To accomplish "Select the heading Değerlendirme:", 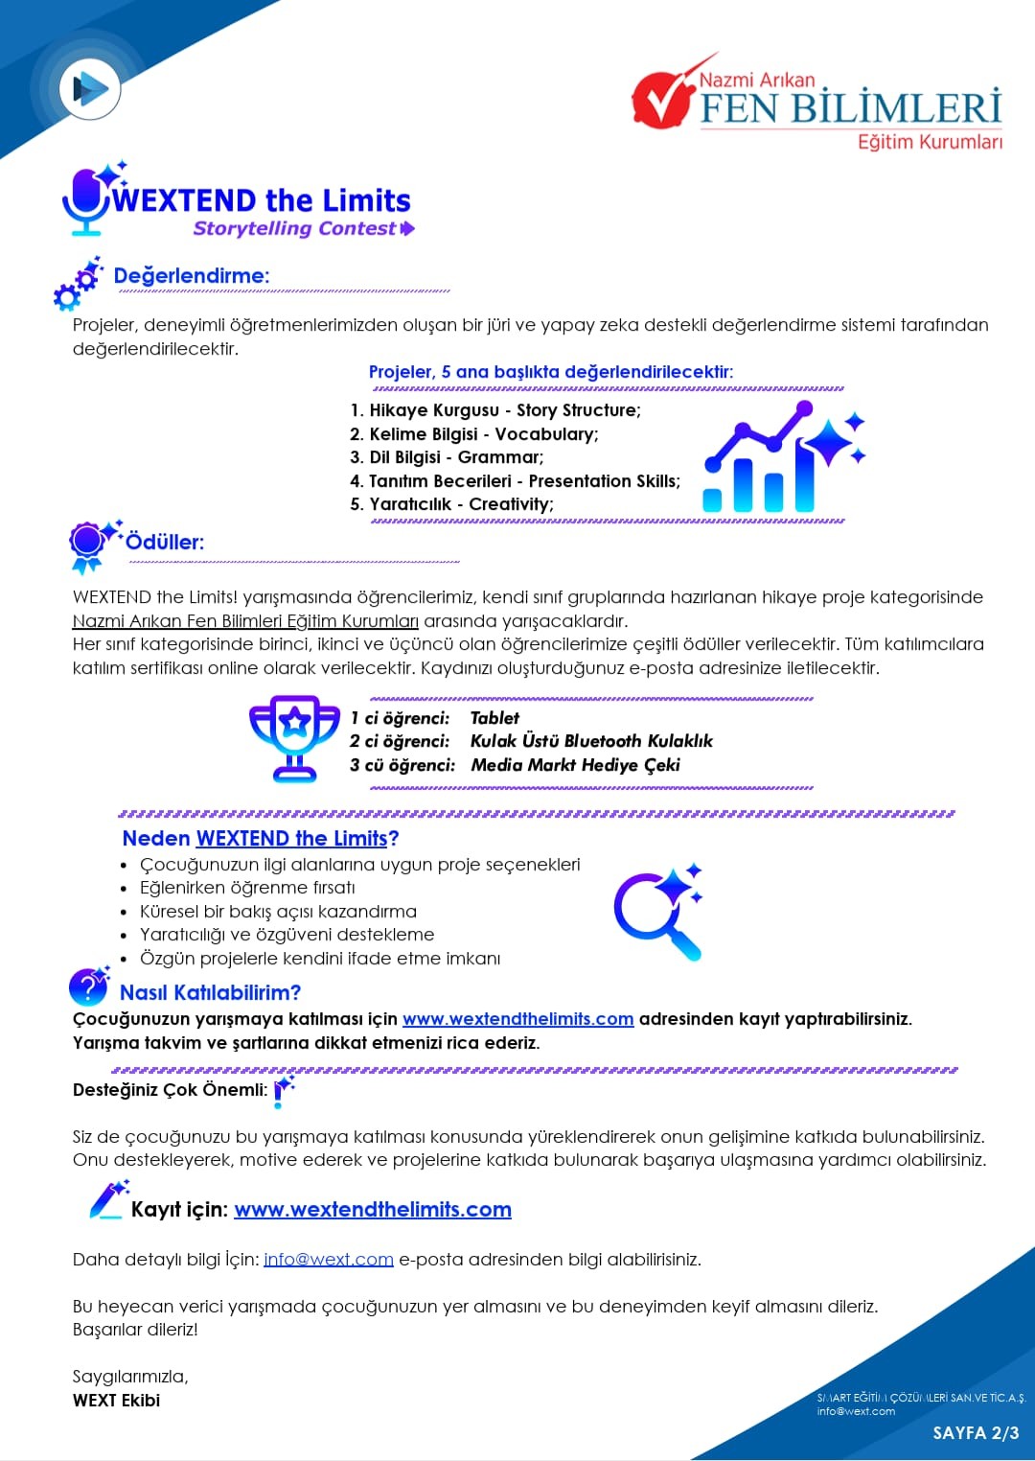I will (192, 276).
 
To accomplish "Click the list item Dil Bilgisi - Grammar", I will (447, 457).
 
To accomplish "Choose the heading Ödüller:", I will (165, 542).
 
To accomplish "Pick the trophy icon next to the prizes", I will (294, 738).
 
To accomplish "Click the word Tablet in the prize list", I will (494, 718).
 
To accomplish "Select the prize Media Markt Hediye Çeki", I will (575, 765).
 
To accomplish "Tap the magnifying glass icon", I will (657, 912).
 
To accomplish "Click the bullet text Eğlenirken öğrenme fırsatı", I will (247, 888).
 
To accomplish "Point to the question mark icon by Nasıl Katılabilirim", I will (89, 986).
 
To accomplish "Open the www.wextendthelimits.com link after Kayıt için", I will (373, 1210).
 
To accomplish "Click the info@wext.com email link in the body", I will (329, 1260).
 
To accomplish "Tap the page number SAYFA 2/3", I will (976, 1432).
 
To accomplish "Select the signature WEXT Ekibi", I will (116, 1401).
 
